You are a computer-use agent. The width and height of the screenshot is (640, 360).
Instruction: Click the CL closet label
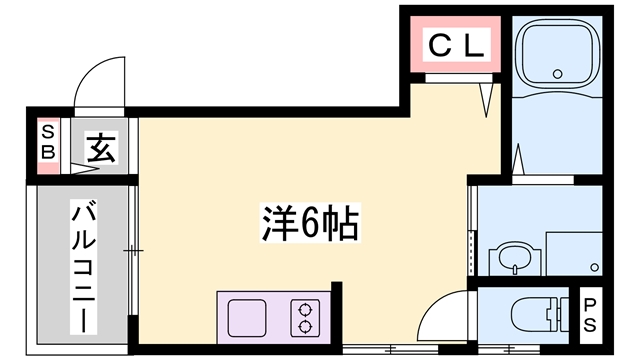(x=459, y=44)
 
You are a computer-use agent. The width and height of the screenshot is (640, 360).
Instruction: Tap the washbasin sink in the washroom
(x=512, y=258)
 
